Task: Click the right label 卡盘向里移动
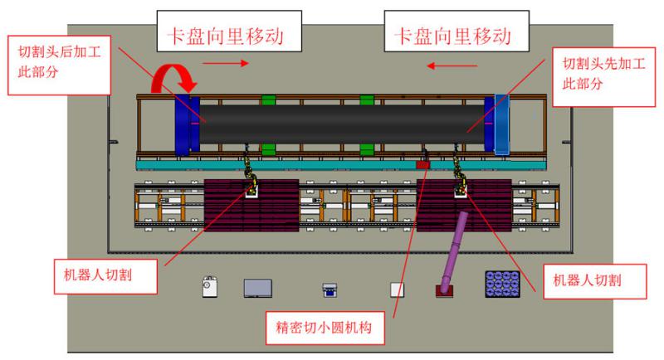coord(452,35)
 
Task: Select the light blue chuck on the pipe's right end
coord(503,124)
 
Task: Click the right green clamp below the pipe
coord(367,149)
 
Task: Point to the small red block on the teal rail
coord(423,165)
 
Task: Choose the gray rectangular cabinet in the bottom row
coord(258,288)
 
